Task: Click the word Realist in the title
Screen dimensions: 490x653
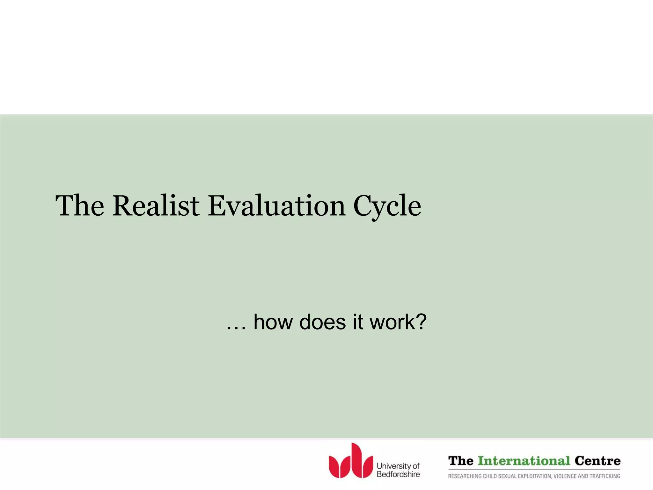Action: coord(156,206)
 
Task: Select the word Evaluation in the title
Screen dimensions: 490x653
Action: coord(276,206)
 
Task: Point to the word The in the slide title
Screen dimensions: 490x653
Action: coord(80,206)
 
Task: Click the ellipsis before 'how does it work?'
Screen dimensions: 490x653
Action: coord(236,327)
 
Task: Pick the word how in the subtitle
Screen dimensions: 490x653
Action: coord(273,322)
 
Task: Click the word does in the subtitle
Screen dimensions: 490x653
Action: coord(322,322)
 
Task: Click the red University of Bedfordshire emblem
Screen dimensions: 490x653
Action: coord(351,461)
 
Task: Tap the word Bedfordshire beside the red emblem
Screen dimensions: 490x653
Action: coord(398,474)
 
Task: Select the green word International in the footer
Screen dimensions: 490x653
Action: coord(524,461)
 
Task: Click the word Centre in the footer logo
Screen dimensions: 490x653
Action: coord(597,461)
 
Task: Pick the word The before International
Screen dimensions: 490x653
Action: coord(461,461)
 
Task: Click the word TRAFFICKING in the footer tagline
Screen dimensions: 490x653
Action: coord(605,476)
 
